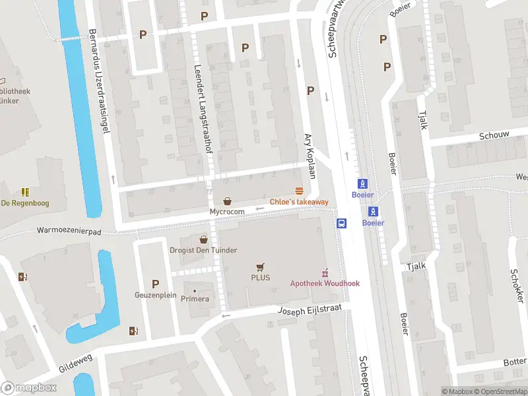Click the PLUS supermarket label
pyautogui.click(x=260, y=278)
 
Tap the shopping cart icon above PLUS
pyautogui.click(x=260, y=267)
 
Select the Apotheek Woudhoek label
pyautogui.click(x=325, y=283)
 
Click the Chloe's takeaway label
pyautogui.click(x=299, y=201)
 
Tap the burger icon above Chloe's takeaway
pyautogui.click(x=299, y=190)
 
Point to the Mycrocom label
pyautogui.click(x=227, y=211)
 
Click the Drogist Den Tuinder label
pyautogui.click(x=204, y=250)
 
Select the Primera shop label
pyautogui.click(x=195, y=299)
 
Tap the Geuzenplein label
pyautogui.click(x=156, y=295)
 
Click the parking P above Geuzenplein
pyautogui.click(x=156, y=284)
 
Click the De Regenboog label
pyautogui.click(x=24, y=203)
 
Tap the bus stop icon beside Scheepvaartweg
pyautogui.click(x=342, y=223)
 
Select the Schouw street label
pyautogui.click(x=494, y=135)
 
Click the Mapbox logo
pyautogui.click(x=29, y=387)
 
